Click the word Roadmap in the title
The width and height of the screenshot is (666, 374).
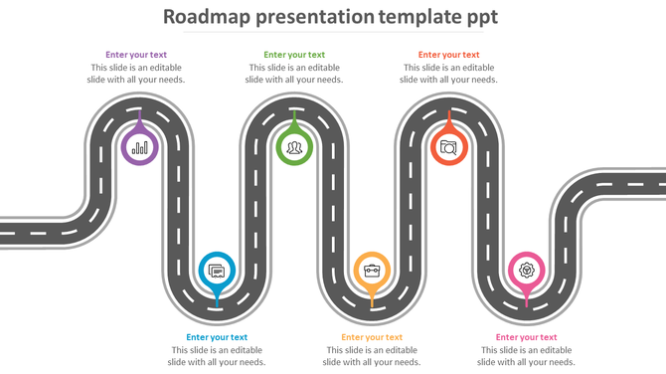click(205, 17)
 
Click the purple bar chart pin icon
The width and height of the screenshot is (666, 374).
click(139, 148)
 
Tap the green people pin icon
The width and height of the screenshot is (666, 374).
click(294, 148)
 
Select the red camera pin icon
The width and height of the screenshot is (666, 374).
click(449, 148)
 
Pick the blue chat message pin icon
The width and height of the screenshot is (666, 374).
click(217, 270)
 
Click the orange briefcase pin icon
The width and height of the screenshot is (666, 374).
click(372, 270)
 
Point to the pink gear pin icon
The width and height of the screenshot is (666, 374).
click(527, 270)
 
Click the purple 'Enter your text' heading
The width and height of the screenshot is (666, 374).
click(136, 55)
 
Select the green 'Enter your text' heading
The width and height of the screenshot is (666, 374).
click(294, 55)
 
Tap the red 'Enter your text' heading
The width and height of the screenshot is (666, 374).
click(449, 55)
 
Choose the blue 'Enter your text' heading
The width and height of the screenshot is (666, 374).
click(217, 337)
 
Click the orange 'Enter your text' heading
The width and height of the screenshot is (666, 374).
click(372, 337)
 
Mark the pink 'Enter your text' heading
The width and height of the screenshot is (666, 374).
click(527, 337)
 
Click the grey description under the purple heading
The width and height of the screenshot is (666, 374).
click(136, 74)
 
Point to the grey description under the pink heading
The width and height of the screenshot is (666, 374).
click(527, 356)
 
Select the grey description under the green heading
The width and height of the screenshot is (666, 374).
click(294, 74)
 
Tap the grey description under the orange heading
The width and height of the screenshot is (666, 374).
click(372, 356)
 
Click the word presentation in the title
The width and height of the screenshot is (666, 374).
click(312, 17)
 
